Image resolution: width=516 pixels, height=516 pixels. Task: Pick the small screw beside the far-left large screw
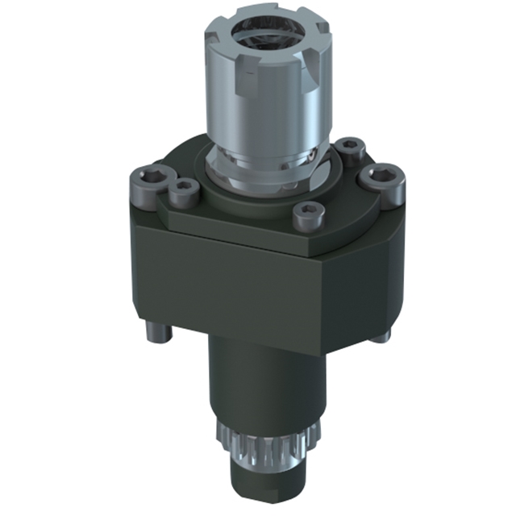click(x=184, y=191)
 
